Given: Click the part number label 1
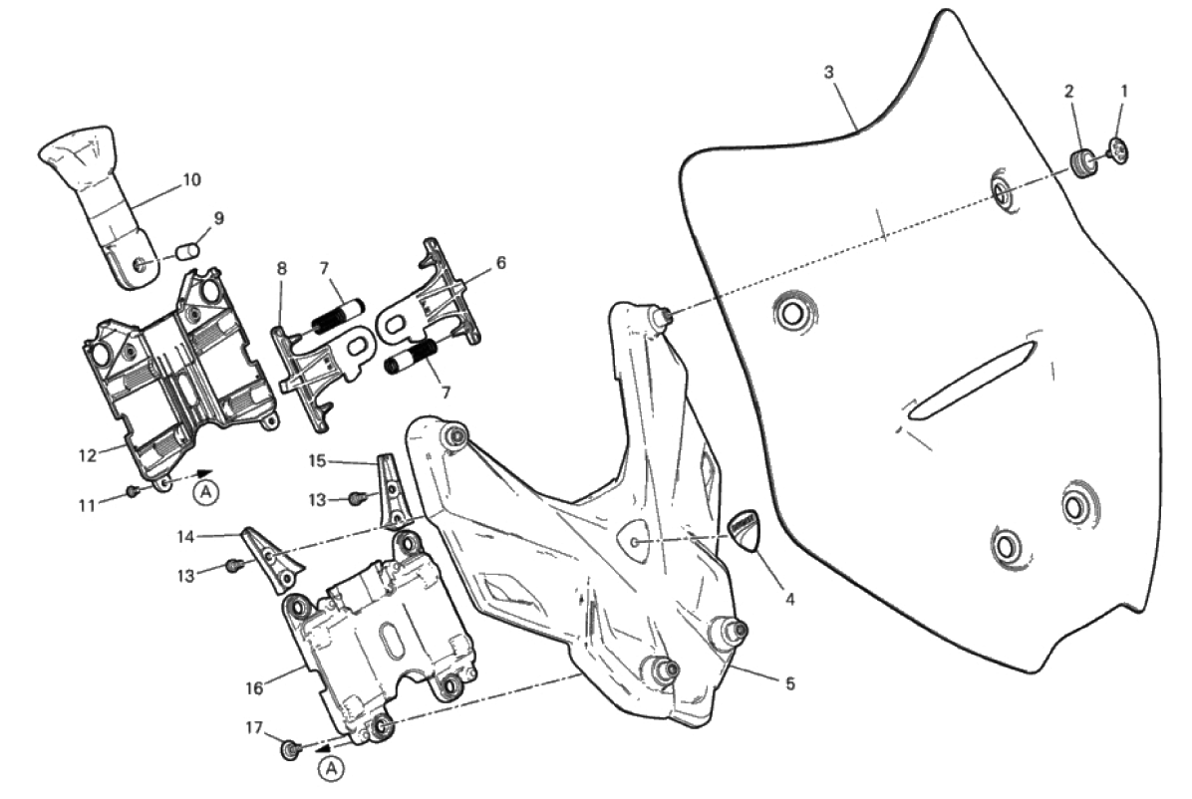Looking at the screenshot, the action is tap(1124, 92).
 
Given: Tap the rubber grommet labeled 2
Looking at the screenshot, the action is tap(1082, 162).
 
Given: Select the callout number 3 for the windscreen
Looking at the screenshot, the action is tap(828, 72).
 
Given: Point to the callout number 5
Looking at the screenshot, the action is tap(790, 683).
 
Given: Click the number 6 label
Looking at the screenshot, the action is tap(500, 263).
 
